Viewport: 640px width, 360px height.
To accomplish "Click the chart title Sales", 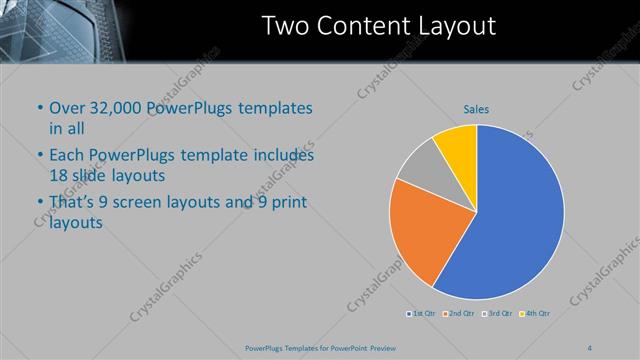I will click(x=475, y=109).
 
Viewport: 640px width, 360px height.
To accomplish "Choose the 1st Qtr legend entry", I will click(x=421, y=314).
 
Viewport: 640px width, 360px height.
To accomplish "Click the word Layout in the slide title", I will click(x=456, y=27).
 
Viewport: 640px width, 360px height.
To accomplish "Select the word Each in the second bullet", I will click(x=67, y=156).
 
